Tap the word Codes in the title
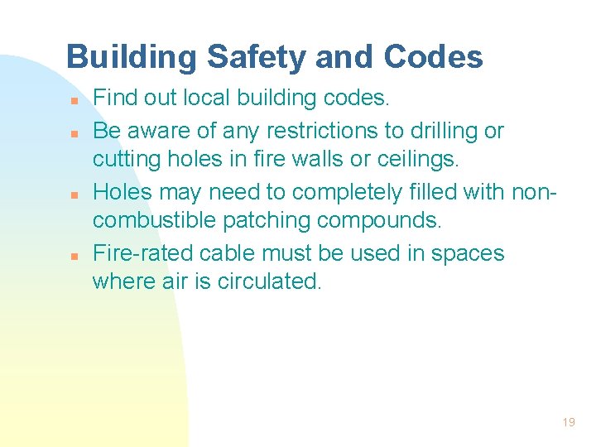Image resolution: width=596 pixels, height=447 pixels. (x=433, y=57)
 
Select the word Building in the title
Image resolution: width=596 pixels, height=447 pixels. (x=131, y=57)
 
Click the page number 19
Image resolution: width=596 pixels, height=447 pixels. (x=568, y=422)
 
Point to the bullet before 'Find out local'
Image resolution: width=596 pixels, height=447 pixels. (x=74, y=101)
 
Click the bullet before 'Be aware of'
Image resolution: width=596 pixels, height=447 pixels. (x=74, y=132)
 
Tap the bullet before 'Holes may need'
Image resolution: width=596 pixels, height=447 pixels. (x=74, y=193)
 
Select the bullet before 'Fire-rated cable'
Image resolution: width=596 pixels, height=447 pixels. (x=74, y=254)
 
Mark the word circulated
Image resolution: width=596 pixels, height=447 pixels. (x=270, y=282)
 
